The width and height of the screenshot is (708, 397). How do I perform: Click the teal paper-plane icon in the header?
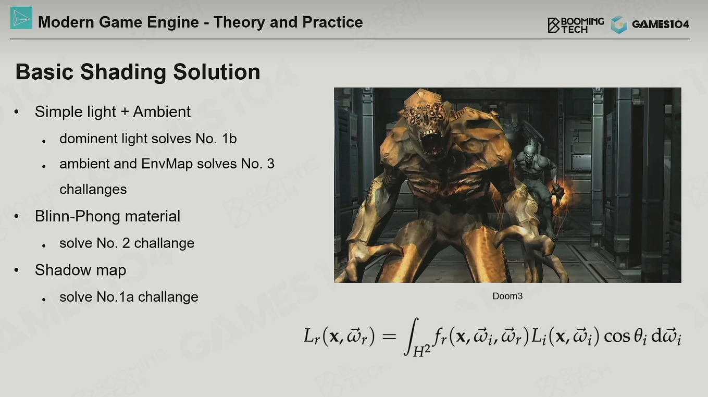click(21, 18)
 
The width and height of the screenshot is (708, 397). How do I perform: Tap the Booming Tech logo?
click(576, 25)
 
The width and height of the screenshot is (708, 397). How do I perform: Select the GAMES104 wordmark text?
click(660, 24)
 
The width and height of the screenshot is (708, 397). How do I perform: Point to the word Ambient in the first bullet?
click(162, 111)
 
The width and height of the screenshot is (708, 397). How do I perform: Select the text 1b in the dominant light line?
click(229, 139)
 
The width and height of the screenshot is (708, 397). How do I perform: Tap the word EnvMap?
click(167, 164)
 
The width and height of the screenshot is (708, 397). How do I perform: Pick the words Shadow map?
click(80, 270)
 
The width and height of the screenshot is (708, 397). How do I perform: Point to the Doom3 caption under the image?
click(507, 296)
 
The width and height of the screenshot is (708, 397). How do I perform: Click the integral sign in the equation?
click(412, 337)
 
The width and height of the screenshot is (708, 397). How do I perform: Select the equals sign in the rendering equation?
click(389, 337)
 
